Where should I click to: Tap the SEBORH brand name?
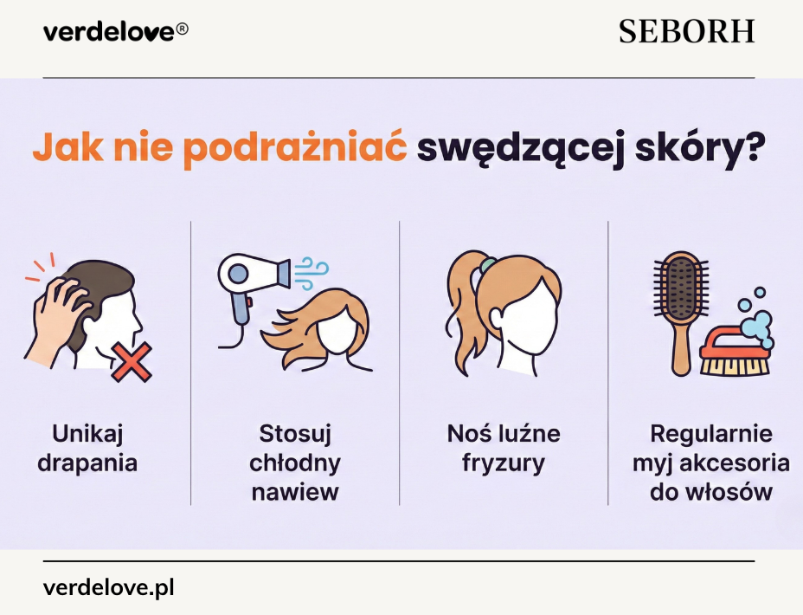coord(686,32)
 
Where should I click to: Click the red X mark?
coord(131,361)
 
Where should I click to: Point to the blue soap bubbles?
coord(754,322)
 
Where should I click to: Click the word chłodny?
coord(295,463)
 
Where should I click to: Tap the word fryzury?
coord(504,463)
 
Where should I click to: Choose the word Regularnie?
coord(711,433)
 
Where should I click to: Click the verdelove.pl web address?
coord(108,588)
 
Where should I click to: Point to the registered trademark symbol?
coord(182,29)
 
